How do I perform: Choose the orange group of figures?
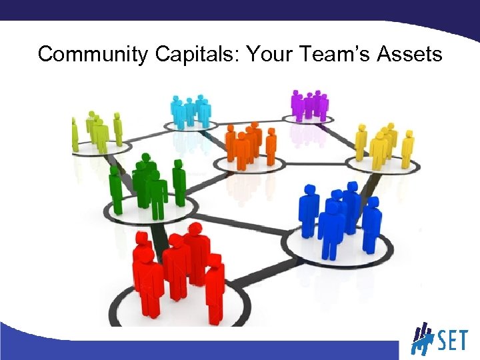click(251, 143)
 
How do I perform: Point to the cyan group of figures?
click(191, 111)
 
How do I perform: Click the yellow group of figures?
click(383, 144)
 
